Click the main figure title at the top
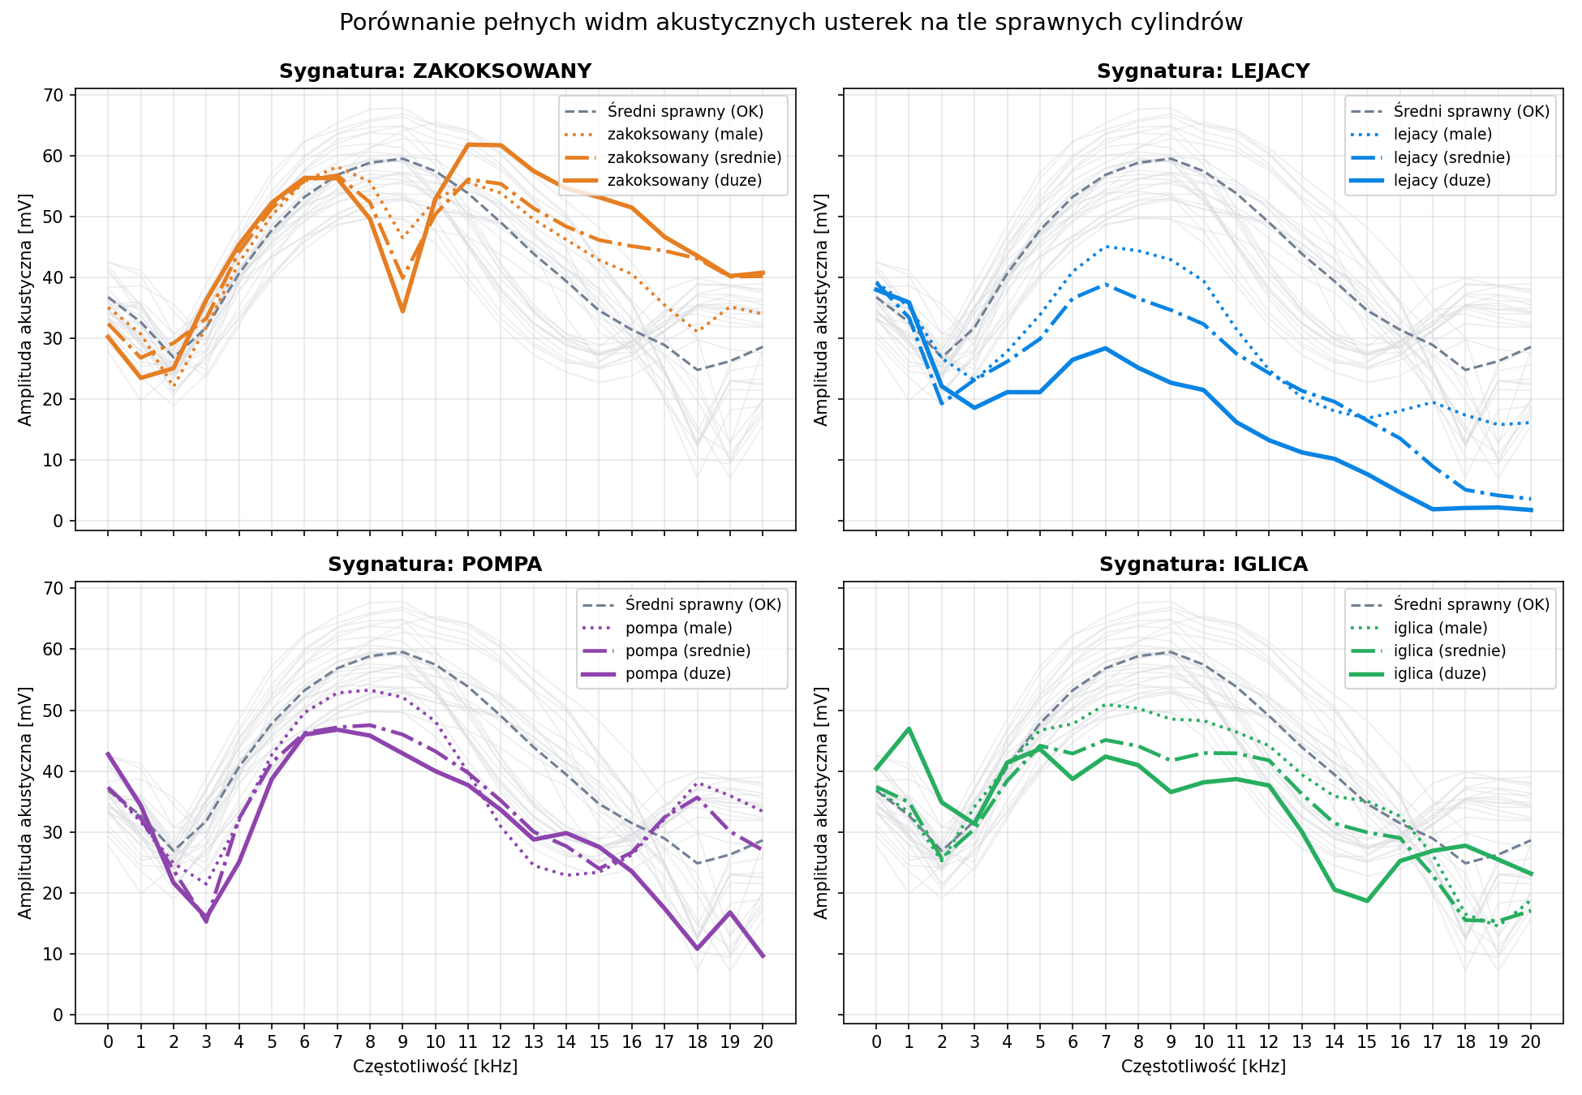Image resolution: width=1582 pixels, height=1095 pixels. coord(791,23)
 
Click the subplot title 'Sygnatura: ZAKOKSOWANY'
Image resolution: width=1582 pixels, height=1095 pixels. coord(435,71)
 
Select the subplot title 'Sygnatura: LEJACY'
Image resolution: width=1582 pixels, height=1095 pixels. coord(1203,71)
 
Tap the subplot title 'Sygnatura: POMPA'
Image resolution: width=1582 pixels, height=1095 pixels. coord(435,565)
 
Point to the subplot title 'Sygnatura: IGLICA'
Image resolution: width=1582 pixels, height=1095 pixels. coord(1203,565)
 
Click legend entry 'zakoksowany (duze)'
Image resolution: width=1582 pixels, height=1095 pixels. coord(685,180)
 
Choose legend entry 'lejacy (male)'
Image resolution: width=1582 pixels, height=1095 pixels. coord(1442,134)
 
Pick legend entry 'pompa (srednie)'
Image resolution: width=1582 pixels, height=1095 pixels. coord(688,651)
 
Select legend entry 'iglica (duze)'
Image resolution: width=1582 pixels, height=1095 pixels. coord(1440,673)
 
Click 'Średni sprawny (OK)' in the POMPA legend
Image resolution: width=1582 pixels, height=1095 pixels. coord(703,604)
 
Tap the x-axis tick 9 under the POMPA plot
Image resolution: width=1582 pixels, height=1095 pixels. coord(402,1041)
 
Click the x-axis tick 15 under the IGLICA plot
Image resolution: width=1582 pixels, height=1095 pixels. coord(1367,1041)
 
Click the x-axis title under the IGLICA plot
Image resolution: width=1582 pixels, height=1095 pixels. coord(1203,1066)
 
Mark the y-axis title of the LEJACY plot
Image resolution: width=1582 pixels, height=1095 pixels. coord(821,309)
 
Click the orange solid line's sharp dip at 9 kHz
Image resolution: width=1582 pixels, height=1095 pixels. coord(402,311)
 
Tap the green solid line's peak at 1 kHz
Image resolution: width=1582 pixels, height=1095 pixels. coord(909,728)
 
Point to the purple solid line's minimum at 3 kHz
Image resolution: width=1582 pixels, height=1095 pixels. coord(206,921)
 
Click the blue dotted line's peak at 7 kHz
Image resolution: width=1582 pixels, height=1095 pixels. coord(1105,247)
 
